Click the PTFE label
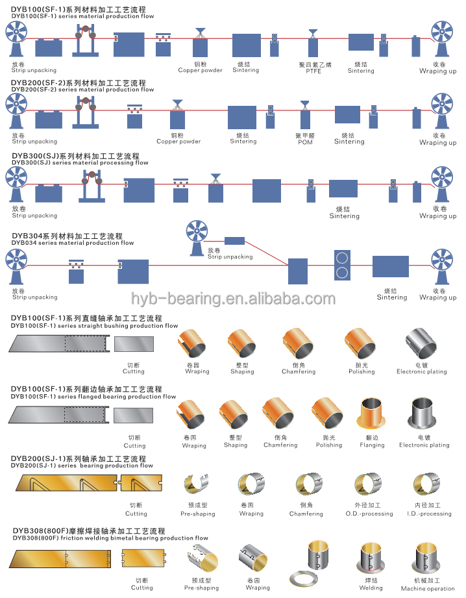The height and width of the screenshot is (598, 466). pos(313,71)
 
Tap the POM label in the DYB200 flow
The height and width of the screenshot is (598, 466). pos(305,142)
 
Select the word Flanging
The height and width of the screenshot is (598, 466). pos(372,445)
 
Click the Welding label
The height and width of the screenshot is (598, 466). pos(371,588)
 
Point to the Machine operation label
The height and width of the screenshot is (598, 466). pos(428,588)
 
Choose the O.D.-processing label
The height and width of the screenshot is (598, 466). pos(369,514)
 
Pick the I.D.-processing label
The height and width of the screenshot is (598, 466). pos(428,514)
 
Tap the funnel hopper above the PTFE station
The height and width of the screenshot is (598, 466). pos(313,32)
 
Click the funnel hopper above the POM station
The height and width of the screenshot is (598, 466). pos(304,103)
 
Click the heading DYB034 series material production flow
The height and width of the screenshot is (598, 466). pos(73,243)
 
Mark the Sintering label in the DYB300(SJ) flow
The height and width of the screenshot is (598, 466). pos(343,216)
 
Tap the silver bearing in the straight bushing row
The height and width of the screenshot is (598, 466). pos(421,344)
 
